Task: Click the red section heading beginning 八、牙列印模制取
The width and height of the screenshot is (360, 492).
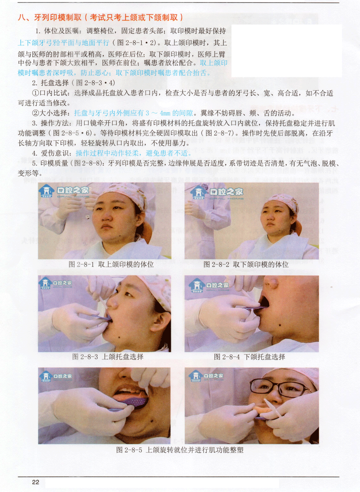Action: point(101,17)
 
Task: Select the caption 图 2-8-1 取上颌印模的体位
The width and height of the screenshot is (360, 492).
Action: point(111,264)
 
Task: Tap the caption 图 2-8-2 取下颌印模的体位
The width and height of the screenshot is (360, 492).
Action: point(246,264)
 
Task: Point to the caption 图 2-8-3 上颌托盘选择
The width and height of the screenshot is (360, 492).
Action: point(108,357)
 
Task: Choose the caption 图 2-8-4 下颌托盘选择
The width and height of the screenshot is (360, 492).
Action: point(249,357)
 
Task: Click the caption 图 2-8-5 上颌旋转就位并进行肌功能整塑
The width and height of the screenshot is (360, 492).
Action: point(180,450)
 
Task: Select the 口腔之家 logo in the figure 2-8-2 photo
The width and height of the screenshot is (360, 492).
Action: point(217,192)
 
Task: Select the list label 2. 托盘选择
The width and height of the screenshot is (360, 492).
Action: point(51,83)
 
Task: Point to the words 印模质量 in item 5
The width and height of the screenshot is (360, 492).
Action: point(55,163)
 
